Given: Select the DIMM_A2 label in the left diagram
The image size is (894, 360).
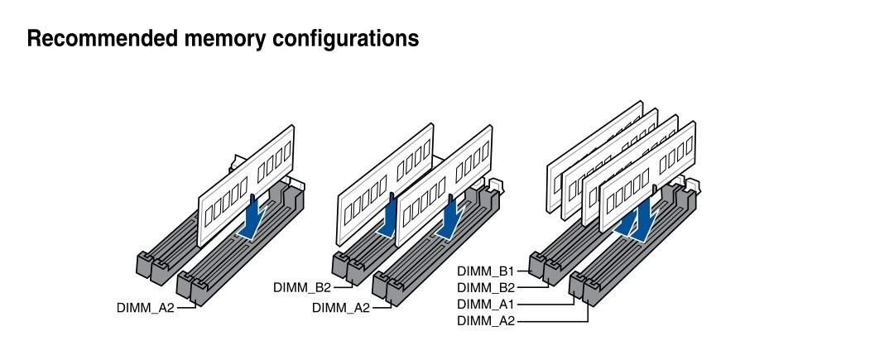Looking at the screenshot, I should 146,308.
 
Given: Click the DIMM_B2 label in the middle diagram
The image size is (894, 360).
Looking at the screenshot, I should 302,287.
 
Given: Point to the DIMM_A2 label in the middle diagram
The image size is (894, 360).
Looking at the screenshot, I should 341,308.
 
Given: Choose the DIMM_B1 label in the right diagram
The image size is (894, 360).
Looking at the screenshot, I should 486,271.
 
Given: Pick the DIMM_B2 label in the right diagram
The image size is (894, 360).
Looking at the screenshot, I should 486,287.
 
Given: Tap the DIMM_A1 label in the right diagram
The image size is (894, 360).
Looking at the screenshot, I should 486,304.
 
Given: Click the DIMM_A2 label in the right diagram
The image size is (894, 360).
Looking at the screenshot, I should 486,320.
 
